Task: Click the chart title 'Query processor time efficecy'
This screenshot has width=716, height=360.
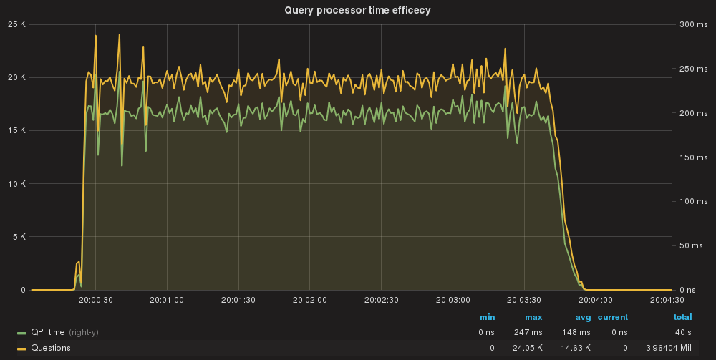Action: (357, 9)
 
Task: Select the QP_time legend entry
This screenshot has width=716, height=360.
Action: (49, 333)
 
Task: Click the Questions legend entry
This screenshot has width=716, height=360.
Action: (50, 348)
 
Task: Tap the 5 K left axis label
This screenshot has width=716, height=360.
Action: (19, 237)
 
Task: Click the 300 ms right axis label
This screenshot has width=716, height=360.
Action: (692, 24)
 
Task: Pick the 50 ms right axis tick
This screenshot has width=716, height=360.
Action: (691, 245)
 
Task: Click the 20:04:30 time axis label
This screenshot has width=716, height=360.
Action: (667, 301)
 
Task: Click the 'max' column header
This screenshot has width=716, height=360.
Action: (533, 317)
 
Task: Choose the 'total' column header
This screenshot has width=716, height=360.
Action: (682, 317)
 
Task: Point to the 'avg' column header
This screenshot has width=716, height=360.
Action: (581, 317)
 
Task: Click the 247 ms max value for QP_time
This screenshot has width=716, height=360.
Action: (529, 333)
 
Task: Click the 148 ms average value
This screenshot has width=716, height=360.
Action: (576, 333)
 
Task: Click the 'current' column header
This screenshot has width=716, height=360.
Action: (613, 317)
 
